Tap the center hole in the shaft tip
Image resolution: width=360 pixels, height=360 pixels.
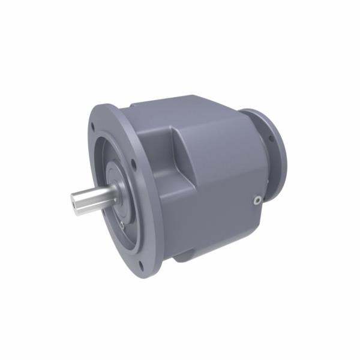(x=75, y=204)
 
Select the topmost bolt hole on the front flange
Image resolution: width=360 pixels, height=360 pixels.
(x=94, y=126)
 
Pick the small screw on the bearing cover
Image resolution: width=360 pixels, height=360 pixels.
(x=122, y=224)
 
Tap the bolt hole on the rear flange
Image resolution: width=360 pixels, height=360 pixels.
(x=271, y=139)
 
